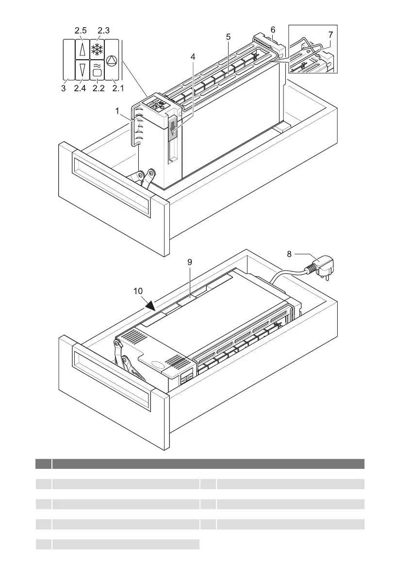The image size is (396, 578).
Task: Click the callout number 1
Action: point(117,111)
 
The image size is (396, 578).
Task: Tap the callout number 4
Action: point(193,57)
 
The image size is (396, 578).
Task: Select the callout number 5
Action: point(228,36)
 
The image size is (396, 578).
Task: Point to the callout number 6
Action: point(273,30)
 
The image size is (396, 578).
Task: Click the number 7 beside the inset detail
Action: point(330,35)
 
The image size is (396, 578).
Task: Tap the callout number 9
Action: point(190,262)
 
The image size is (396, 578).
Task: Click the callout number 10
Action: point(138,291)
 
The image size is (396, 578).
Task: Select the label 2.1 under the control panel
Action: point(117,88)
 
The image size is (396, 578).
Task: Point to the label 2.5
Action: point(80,31)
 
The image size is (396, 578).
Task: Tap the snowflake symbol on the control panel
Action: point(97,49)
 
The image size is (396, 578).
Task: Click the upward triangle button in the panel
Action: point(81,49)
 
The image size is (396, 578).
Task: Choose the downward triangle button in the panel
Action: point(81,68)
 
